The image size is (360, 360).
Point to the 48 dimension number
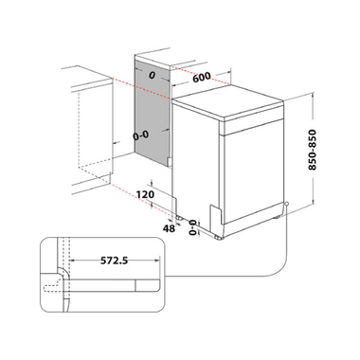click(x=169, y=228)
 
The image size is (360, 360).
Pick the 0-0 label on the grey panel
click(x=141, y=135)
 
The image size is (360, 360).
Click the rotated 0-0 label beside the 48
click(x=193, y=227)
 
